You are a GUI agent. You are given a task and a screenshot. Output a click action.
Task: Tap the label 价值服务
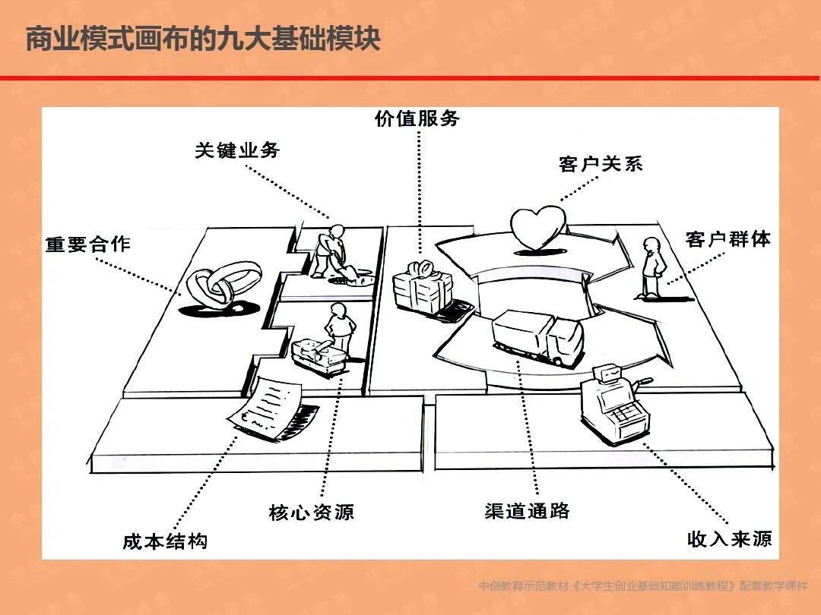point(417,118)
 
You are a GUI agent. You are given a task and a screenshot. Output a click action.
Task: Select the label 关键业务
point(237,150)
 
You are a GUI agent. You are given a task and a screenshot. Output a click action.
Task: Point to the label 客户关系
point(601,164)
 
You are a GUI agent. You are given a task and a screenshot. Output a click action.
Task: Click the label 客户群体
point(727,239)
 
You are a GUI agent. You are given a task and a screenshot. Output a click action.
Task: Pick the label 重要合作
point(88,244)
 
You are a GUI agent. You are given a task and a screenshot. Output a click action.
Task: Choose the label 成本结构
point(165,541)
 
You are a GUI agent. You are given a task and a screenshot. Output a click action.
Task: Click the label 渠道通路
point(527,511)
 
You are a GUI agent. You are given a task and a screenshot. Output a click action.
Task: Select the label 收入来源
point(729,539)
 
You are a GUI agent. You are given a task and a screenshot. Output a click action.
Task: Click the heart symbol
point(537,228)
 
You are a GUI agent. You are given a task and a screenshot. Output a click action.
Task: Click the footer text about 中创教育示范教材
point(643,586)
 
